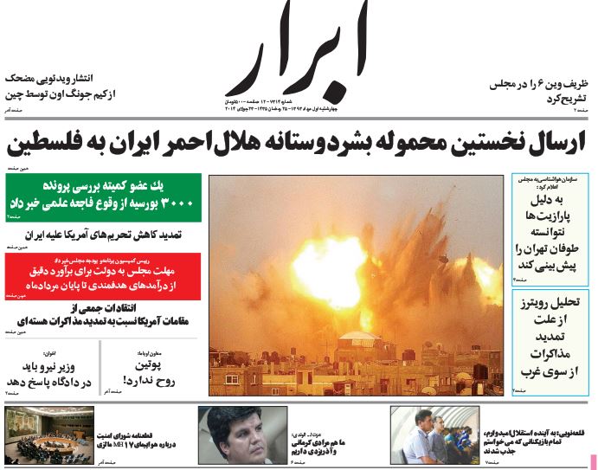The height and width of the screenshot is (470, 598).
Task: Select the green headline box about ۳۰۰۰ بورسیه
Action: point(102,197)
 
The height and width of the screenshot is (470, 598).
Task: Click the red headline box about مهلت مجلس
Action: point(102,275)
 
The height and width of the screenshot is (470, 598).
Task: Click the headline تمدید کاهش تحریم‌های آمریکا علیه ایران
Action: point(115,235)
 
